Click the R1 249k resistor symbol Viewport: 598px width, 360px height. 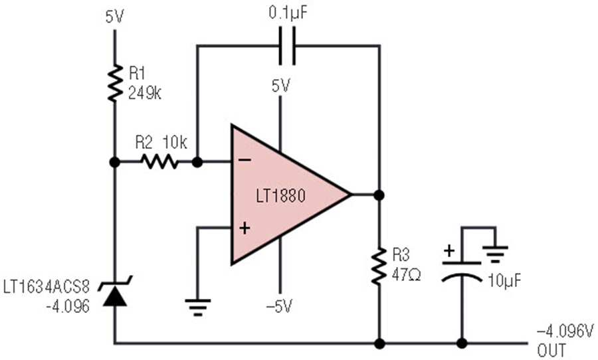tap(115, 83)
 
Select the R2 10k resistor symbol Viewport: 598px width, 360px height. tap(159, 162)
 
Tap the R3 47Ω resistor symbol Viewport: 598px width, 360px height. tap(379, 266)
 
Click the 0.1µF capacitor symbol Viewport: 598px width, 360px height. tap(287, 46)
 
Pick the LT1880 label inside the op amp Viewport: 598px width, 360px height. tap(280, 196)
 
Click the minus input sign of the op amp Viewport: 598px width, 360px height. tap(245, 160)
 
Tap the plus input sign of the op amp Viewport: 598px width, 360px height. tap(245, 228)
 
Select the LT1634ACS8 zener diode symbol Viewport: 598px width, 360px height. tap(115, 292)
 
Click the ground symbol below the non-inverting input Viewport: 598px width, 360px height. tap(197, 308)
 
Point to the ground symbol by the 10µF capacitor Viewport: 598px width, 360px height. tap(495, 254)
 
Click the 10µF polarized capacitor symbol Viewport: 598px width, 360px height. tap(462, 272)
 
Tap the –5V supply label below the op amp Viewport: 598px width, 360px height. tap(280, 306)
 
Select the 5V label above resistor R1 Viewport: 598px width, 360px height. tap(115, 17)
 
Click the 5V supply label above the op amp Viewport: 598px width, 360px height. tap(280, 86)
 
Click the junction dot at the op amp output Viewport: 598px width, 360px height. tap(379, 195)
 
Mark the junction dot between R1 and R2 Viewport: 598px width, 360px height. tap(115, 162)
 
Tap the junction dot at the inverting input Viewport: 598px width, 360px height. tap(197, 162)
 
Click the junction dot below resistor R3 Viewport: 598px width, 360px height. tap(379, 343)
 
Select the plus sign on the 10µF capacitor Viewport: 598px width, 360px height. tap(450, 251)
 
